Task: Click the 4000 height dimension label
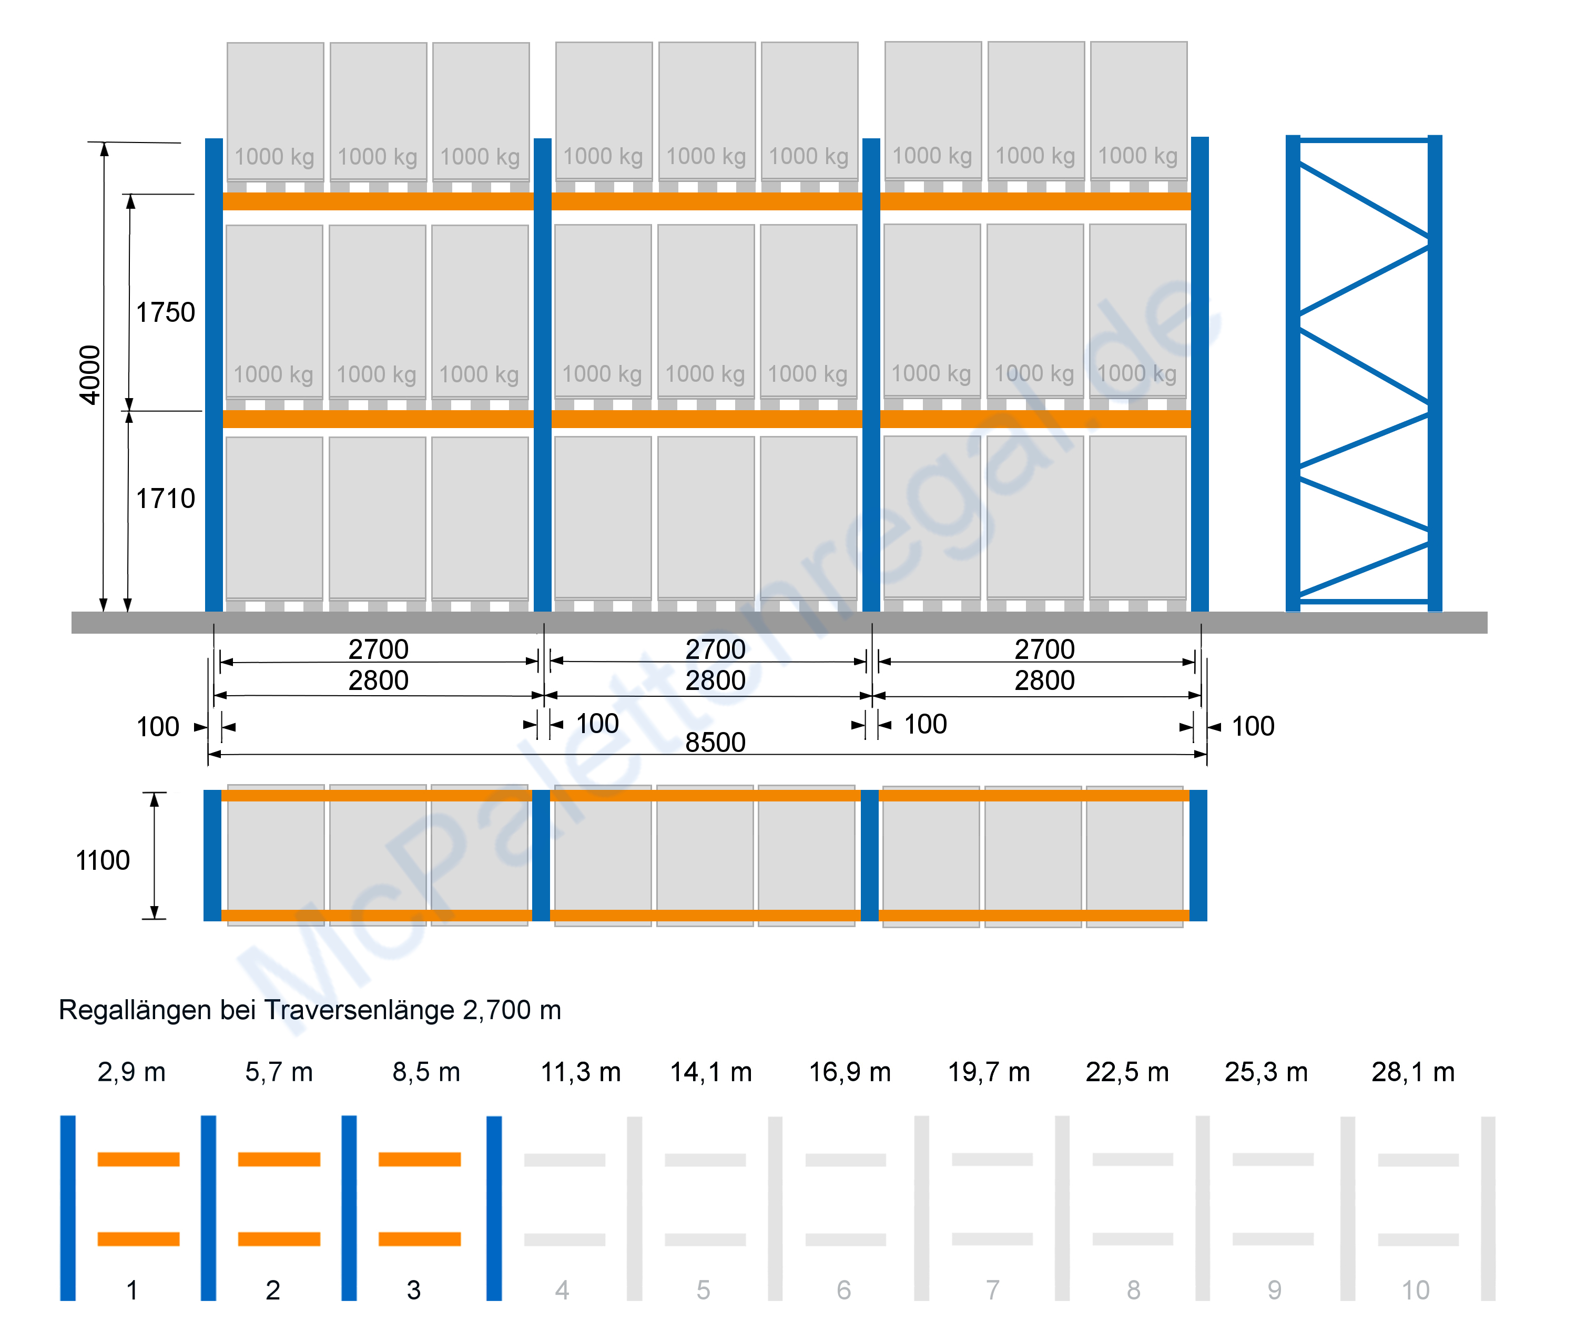coord(90,375)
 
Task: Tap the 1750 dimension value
coord(165,312)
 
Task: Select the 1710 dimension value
coord(165,499)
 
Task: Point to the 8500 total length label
coord(715,742)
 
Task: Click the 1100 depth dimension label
coord(103,860)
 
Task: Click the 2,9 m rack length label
coord(131,1072)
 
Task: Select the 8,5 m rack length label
coord(426,1072)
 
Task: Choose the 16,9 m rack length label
coord(850,1072)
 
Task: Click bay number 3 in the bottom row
coord(413,1290)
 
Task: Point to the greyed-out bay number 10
coord(1416,1290)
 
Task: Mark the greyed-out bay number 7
coord(993,1290)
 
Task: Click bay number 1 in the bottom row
coord(133,1290)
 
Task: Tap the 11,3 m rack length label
coord(581,1072)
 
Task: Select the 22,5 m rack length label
coord(1127,1072)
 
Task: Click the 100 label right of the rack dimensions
coord(1253,726)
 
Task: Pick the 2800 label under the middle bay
coord(715,680)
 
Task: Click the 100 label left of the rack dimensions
coord(157,727)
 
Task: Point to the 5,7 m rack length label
coord(279,1072)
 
